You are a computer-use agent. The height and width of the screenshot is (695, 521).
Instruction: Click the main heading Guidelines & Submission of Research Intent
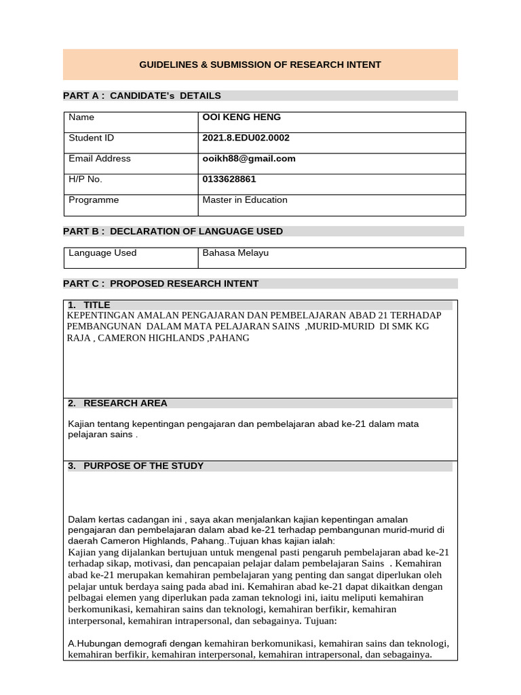coord(260,64)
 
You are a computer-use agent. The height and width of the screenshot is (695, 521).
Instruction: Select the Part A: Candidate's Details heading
coord(142,96)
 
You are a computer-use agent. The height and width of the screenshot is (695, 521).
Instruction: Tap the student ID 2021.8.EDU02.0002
coord(246,138)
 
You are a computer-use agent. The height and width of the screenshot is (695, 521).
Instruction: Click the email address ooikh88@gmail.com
coord(249,159)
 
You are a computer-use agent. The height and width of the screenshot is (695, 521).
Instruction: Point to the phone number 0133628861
coord(229,179)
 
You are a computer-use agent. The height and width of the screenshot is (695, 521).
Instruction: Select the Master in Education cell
coord(244,200)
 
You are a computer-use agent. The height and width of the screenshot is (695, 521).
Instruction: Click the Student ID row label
coord(91,138)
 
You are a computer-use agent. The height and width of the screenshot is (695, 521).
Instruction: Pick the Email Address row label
coord(100,159)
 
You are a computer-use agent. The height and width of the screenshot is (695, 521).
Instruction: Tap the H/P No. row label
coord(85,179)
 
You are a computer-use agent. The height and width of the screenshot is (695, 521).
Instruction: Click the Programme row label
coord(94,200)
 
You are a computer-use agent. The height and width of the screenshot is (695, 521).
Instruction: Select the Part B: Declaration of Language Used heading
coord(173,231)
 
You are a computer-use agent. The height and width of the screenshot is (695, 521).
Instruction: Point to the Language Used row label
coord(102,253)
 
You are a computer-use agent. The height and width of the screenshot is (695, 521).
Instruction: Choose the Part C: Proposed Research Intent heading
coord(161,284)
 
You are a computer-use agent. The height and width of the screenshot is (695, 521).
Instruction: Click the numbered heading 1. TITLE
coord(89,305)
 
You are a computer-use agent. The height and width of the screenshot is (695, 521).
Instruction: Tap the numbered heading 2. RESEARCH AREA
coord(117,403)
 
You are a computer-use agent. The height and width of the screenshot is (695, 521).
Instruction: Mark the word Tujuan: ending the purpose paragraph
coord(327,620)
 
